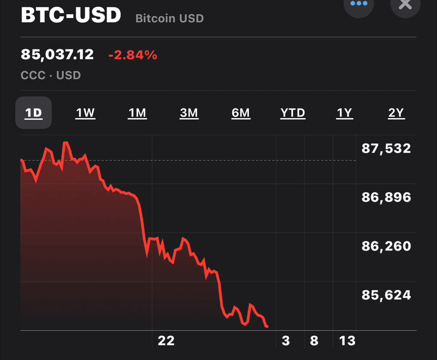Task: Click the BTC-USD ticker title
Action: point(71,15)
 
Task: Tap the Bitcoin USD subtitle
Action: point(169,18)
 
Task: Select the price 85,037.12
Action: point(57,54)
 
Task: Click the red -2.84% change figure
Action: point(132,54)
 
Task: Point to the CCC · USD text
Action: point(51,75)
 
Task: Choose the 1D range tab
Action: point(33,113)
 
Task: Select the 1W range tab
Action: point(85,113)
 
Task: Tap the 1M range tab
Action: point(137,113)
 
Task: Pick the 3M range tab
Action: point(189,113)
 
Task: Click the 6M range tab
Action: point(240,113)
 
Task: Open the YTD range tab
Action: point(293,113)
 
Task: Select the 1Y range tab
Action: point(344,113)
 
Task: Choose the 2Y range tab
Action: point(396,113)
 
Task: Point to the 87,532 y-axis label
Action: point(386,149)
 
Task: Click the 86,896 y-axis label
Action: point(386,198)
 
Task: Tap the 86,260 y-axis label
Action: point(386,246)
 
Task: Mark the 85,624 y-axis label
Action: point(386,295)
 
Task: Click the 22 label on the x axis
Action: point(166,341)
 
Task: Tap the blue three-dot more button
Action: point(358,4)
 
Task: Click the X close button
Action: point(405,4)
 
